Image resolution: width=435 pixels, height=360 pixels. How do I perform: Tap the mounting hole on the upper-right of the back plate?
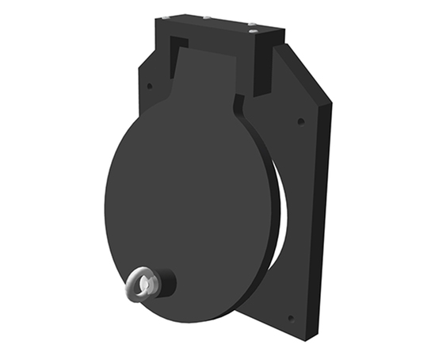pyautogui.click(x=300, y=121)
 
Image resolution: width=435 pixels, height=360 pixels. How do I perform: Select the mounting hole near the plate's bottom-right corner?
pyautogui.click(x=290, y=318)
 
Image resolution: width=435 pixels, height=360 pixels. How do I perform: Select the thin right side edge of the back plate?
pyautogui.click(x=324, y=222)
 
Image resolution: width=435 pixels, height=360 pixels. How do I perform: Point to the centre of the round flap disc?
pyautogui.click(x=190, y=198)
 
